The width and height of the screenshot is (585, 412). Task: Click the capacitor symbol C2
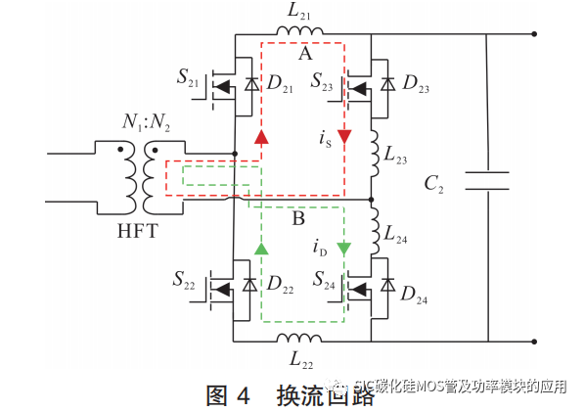pos(486,182)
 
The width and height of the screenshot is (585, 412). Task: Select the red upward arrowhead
pos(261,135)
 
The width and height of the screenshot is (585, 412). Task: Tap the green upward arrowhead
pos(261,249)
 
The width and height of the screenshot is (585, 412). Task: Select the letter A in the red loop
pos(304,55)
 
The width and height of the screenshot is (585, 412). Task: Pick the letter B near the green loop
pos(298,218)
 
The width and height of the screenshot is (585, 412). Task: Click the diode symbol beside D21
pos(250,86)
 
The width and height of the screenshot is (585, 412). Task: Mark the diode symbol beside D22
pos(250,287)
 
